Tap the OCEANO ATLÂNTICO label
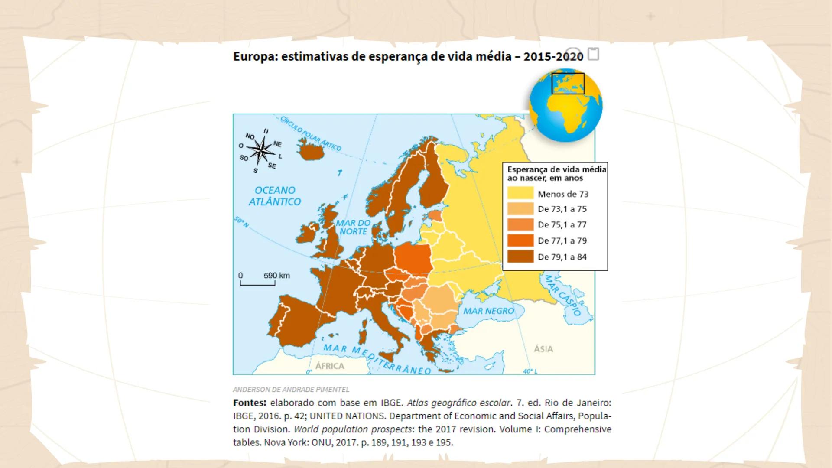pyautogui.click(x=275, y=196)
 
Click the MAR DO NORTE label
pyautogui.click(x=353, y=227)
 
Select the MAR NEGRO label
pyautogui.click(x=488, y=311)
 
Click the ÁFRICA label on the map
pyautogui.click(x=329, y=366)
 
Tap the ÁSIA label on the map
pyautogui.click(x=543, y=349)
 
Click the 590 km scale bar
pyautogui.click(x=258, y=283)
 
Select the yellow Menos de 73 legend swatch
pyautogui.click(x=520, y=193)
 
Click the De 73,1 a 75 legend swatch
pyautogui.click(x=520, y=209)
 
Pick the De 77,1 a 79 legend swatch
pyautogui.click(x=520, y=240)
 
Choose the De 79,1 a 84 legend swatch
pyautogui.click(x=520, y=257)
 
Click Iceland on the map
pyautogui.click(x=312, y=152)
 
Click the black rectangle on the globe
pyautogui.click(x=568, y=84)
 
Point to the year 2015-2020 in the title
pyautogui.click(x=553, y=57)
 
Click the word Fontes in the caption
pyautogui.click(x=249, y=403)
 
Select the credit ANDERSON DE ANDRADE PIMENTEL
pyautogui.click(x=291, y=390)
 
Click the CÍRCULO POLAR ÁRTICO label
pyautogui.click(x=310, y=133)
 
